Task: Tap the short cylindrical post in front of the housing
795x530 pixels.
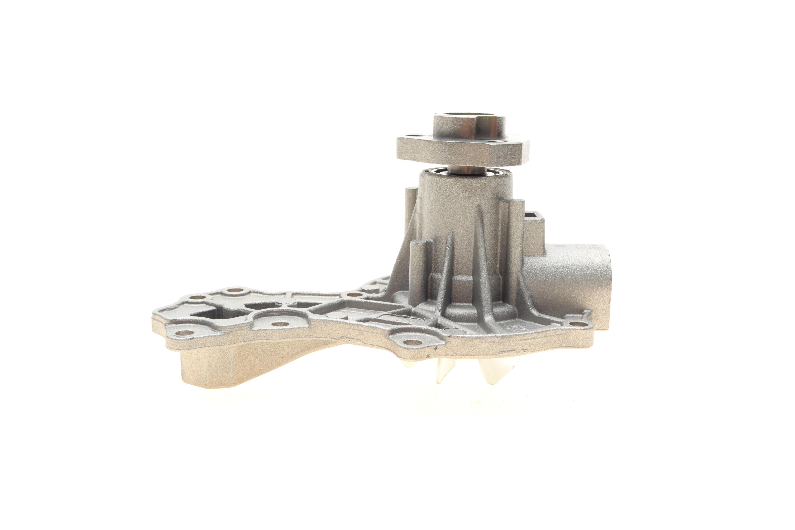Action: [x=421, y=270]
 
